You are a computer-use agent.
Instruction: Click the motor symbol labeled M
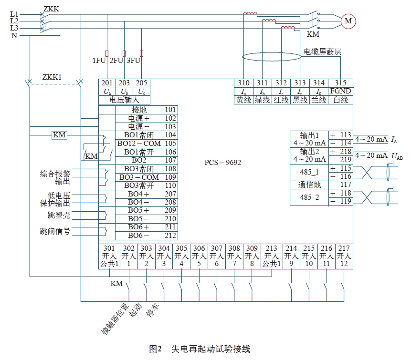[x=348, y=21]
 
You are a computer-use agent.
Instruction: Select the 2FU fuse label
[x=117, y=61]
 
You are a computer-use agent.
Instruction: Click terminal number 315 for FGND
[x=341, y=83]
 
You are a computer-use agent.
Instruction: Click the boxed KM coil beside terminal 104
[x=59, y=135]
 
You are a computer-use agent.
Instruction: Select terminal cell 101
[x=170, y=110]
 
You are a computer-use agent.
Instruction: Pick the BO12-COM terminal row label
[x=139, y=144]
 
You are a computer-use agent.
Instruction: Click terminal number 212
[x=170, y=235]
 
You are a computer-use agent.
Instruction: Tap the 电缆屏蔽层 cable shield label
[x=323, y=51]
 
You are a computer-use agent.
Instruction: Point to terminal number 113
[x=346, y=135]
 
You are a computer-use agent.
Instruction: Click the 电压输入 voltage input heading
[x=125, y=100]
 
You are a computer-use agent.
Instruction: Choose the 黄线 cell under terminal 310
[x=243, y=100]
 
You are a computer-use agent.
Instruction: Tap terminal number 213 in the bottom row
[x=271, y=248]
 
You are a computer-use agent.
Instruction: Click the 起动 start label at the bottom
[x=137, y=310]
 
